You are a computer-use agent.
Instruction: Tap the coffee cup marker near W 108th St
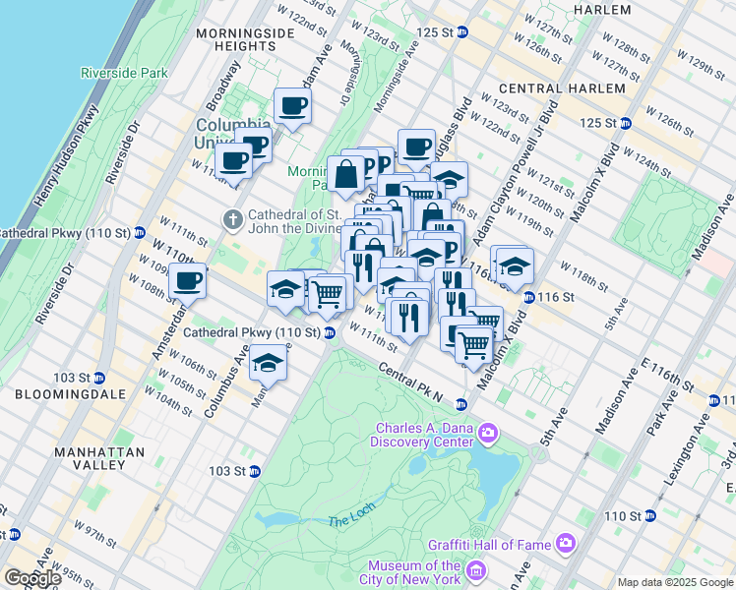(x=187, y=281)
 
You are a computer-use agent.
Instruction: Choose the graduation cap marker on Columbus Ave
(x=267, y=364)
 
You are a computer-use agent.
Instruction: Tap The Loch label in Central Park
(x=346, y=520)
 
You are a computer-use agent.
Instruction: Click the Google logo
(x=31, y=578)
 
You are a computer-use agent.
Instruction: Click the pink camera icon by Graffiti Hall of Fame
(x=565, y=542)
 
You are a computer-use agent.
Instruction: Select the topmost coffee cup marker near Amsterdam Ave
(x=291, y=105)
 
